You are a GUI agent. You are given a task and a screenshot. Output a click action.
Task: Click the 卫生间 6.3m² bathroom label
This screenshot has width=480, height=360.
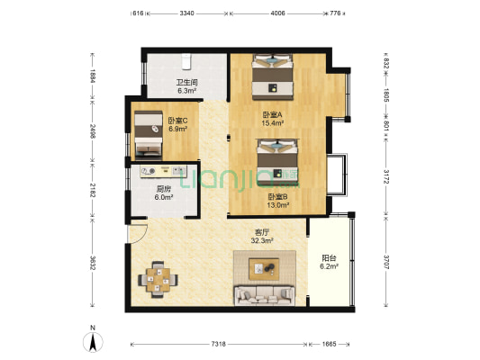pyautogui.click(x=186, y=86)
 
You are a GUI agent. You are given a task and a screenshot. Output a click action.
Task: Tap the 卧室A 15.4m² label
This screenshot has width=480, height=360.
pyautogui.click(x=273, y=118)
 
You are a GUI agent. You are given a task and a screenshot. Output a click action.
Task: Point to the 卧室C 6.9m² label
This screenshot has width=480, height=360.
pyautogui.click(x=177, y=125)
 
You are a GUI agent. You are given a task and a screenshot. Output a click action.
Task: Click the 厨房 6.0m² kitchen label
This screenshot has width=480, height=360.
pyautogui.click(x=164, y=193)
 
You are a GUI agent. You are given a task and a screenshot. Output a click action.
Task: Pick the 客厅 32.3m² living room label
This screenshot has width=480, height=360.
pyautogui.click(x=262, y=237)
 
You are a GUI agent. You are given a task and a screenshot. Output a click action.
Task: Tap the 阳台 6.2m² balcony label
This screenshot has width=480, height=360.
pyautogui.click(x=331, y=262)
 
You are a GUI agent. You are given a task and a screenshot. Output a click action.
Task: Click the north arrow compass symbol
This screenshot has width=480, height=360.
pyautogui.click(x=92, y=341)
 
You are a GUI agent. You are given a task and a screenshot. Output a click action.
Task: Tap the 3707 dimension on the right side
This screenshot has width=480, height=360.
pyautogui.click(x=387, y=264)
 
